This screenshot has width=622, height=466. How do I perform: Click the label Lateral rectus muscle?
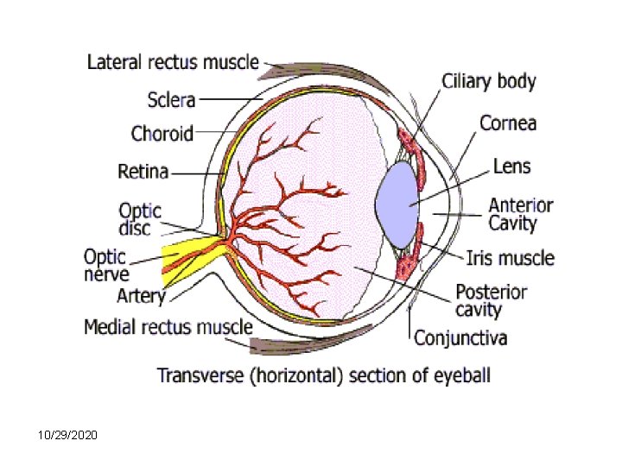[173, 62]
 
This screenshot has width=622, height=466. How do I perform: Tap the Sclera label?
[171, 100]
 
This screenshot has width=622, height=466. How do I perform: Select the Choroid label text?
[162, 134]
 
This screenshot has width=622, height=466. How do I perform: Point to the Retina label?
[143, 171]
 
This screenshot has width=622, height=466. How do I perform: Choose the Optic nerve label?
[106, 265]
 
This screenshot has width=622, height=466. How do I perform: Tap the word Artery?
[141, 296]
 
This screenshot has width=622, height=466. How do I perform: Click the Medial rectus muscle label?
[168, 327]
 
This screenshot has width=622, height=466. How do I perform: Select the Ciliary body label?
[489, 82]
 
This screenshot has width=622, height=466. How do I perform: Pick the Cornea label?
[508, 123]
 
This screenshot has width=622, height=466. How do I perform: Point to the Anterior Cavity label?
[520, 214]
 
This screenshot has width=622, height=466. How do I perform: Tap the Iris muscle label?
[510, 257]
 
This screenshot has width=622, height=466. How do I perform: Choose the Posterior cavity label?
[490, 300]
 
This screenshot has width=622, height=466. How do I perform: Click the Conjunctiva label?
[460, 337]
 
